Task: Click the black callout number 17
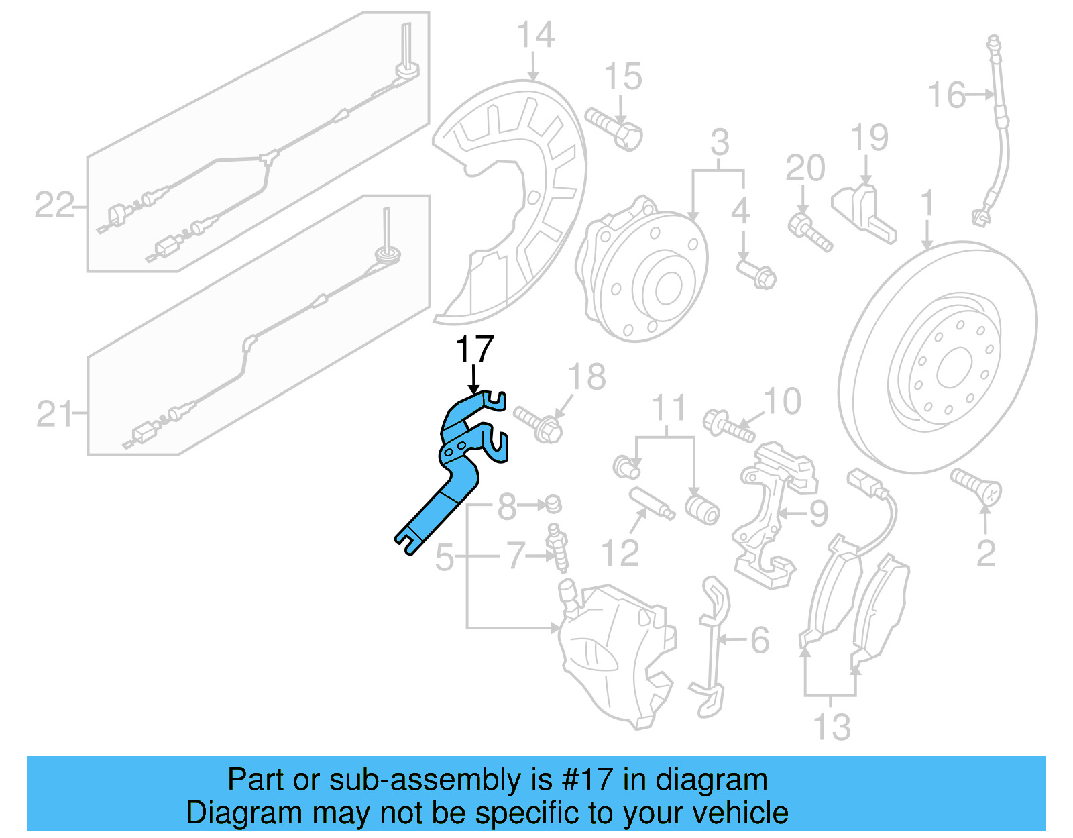474,350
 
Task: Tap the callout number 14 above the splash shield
536,35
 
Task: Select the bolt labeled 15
614,128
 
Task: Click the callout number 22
54,205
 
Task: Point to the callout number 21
54,414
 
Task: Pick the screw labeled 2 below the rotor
976,486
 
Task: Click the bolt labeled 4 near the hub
757,274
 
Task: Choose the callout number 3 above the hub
720,142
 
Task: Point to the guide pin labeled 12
651,504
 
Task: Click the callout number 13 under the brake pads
832,727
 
